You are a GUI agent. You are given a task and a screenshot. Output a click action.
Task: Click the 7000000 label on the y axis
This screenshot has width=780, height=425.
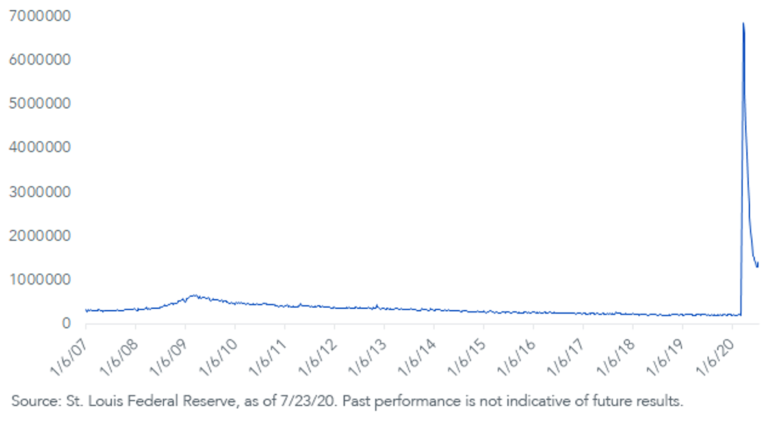[40, 16]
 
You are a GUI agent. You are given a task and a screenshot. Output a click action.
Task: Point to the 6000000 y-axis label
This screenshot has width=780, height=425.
[40, 60]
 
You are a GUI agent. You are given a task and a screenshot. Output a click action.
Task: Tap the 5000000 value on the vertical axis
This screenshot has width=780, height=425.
[40, 103]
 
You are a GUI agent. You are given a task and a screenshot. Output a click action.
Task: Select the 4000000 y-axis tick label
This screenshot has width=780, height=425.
[40, 148]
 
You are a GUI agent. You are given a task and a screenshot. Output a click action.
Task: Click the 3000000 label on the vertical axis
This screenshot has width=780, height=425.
[40, 192]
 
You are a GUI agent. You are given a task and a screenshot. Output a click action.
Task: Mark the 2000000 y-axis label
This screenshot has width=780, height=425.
[40, 236]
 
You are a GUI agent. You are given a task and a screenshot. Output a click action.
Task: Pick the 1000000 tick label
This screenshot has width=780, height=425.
[40, 280]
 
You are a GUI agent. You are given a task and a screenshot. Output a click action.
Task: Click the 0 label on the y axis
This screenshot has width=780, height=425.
[66, 323]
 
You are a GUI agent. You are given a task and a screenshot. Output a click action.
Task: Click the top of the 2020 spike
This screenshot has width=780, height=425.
[744, 23]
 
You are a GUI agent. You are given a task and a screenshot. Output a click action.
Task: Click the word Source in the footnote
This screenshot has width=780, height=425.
[36, 402]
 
